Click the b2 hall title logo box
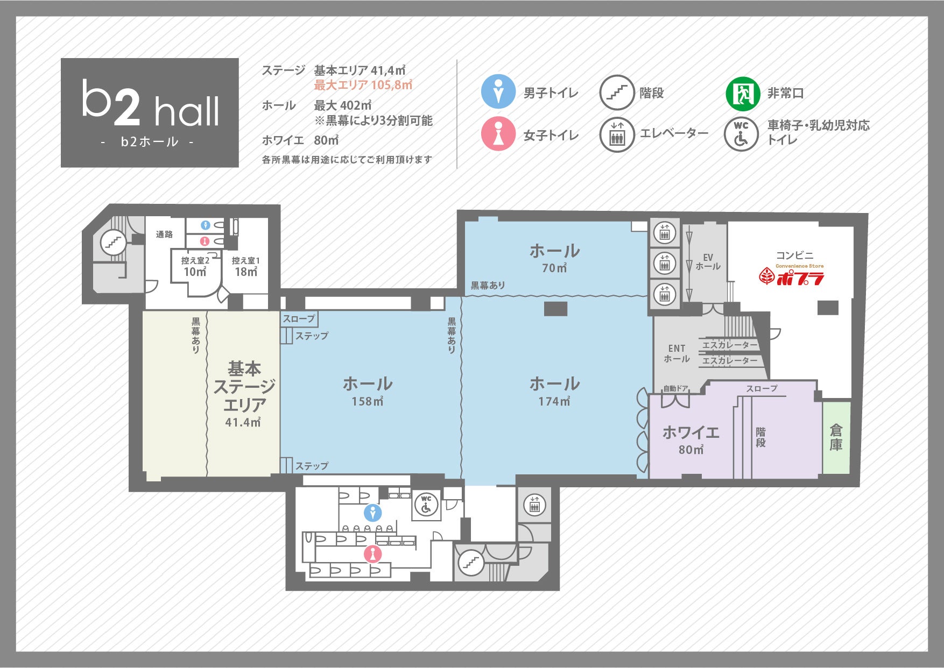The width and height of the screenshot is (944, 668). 150,112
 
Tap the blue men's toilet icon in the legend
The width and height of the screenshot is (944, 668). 498,91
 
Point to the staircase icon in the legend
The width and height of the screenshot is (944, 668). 617,93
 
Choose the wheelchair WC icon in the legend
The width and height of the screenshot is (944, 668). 741,134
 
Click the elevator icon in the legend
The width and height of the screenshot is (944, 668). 617,134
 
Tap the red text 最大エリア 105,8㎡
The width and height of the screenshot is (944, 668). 363,85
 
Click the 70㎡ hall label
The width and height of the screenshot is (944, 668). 554,258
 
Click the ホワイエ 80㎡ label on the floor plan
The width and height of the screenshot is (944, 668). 691,440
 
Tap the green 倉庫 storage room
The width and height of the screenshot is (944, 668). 836,437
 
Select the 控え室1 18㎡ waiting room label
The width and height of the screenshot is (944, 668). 246,267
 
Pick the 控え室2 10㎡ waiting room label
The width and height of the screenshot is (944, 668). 195,267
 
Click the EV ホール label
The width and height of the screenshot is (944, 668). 708,262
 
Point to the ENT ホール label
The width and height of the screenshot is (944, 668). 677,353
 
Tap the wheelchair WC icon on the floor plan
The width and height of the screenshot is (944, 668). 426,505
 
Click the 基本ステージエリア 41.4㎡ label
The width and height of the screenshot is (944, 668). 244,394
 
